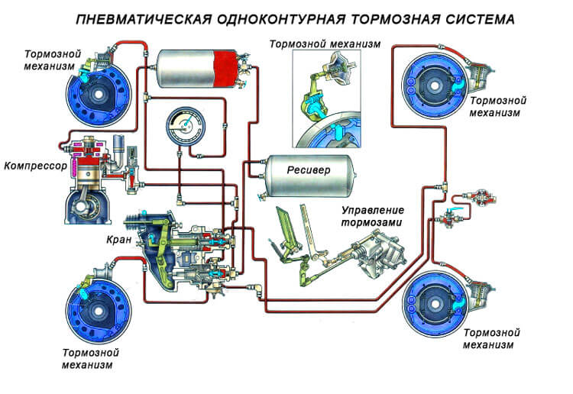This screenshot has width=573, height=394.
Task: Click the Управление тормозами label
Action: [x=373, y=216]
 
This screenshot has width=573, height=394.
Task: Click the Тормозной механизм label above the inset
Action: [x=324, y=44]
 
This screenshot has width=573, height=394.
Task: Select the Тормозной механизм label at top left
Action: [x=50, y=61]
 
